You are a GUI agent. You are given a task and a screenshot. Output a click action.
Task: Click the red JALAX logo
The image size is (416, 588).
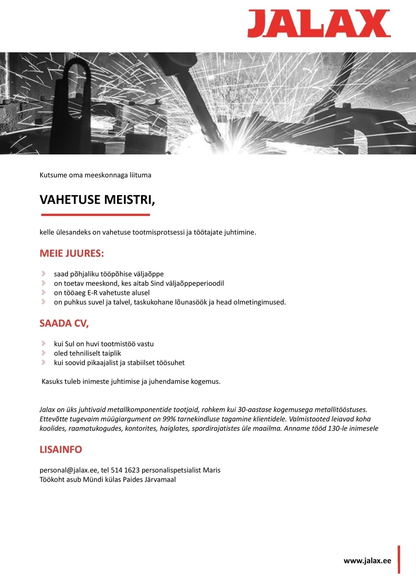[x=319, y=23]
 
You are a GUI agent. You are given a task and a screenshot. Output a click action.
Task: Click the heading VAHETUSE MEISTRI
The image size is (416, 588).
[x=97, y=200]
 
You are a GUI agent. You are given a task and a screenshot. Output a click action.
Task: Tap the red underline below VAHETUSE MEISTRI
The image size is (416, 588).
[x=95, y=215]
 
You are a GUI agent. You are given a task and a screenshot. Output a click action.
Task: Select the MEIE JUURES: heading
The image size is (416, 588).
[x=72, y=253]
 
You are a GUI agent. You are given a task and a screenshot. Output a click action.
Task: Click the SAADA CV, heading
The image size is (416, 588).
[x=64, y=323]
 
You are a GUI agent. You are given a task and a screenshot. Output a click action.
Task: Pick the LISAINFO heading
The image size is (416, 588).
[x=61, y=449]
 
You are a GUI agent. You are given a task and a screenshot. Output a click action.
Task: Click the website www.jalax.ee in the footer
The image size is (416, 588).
[x=367, y=561]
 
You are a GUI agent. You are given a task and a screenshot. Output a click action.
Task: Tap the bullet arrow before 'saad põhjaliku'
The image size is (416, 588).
[x=44, y=274]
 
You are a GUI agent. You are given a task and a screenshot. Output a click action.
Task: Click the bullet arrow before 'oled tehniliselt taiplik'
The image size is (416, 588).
[x=44, y=353]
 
